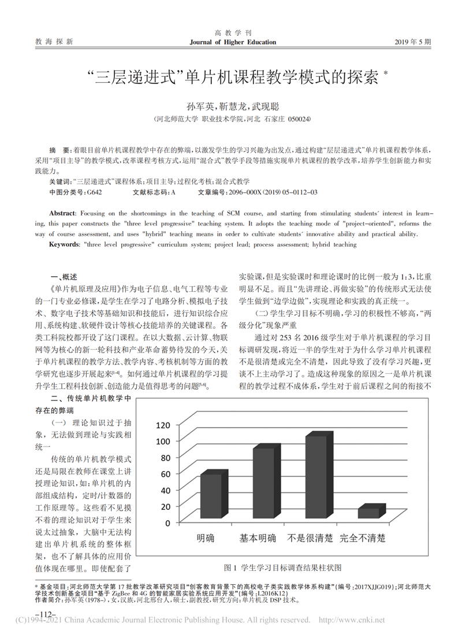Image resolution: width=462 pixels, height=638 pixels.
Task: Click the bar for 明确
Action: click(x=210, y=496)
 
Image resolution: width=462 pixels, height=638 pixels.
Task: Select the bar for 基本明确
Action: click(x=263, y=484)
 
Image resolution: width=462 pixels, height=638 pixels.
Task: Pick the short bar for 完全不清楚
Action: click(x=368, y=513)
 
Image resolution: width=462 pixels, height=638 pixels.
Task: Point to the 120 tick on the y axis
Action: click(x=163, y=425)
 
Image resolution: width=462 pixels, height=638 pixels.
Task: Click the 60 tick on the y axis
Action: click(x=166, y=474)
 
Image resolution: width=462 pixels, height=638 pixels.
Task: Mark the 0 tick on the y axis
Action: click(x=167, y=523)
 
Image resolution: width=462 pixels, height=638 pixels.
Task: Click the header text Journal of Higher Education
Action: click(x=233, y=42)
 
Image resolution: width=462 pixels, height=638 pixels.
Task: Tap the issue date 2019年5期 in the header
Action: click(x=412, y=42)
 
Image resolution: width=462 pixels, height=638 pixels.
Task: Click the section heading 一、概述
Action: click(x=64, y=276)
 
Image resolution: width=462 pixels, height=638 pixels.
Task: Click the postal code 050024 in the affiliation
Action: click(x=299, y=118)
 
